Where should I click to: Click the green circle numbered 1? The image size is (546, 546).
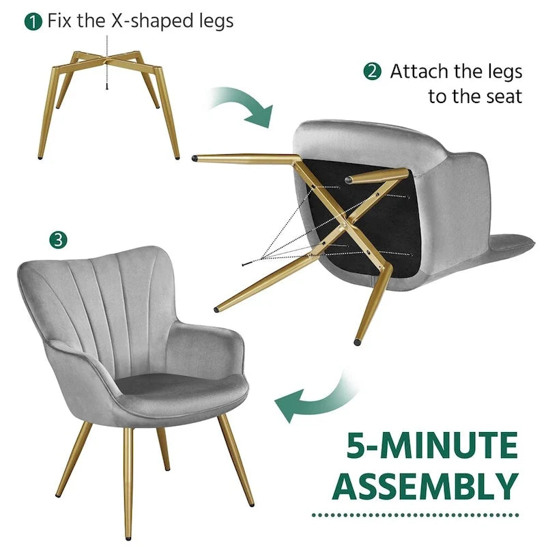coord(33,22)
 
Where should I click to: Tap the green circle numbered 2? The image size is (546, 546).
coord(372,72)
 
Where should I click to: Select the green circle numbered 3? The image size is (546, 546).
coord(58,240)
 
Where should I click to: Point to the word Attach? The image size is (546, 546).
coord(420,72)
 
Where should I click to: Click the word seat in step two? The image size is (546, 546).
coord(504,96)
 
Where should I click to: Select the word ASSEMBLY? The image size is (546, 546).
coord(425,486)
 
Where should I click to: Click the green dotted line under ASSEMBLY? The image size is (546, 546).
coord(416,515)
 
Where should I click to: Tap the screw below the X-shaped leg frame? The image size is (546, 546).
coord(107,87)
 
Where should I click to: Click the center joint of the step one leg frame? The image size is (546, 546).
coord(106,60)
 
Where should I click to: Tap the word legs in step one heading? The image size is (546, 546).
coord(216,22)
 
